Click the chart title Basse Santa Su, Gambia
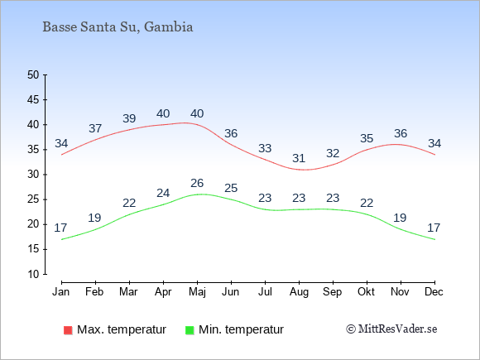118,27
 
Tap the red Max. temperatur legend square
68,330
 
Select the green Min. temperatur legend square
190,330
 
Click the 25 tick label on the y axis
33,199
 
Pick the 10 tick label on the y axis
33,274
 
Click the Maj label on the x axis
198,292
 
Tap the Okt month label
366,291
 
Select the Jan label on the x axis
61,291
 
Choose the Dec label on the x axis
434,291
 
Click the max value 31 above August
299,158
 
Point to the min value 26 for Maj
197,183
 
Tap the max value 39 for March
129,118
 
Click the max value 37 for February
95,128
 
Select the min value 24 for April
163,193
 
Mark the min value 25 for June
231,188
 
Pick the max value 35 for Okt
367,138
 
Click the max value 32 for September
333,153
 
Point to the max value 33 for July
265,148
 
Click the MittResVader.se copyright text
391,329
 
